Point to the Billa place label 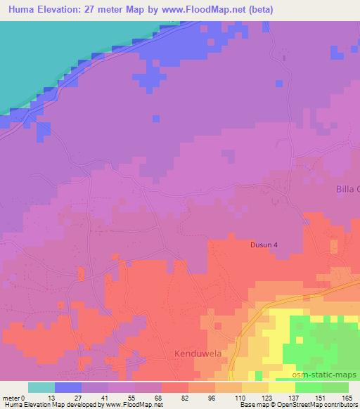pos(347,189)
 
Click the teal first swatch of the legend pos(41,387)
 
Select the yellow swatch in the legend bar pos(282,387)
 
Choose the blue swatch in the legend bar pos(68,387)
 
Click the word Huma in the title pos(17,10)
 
